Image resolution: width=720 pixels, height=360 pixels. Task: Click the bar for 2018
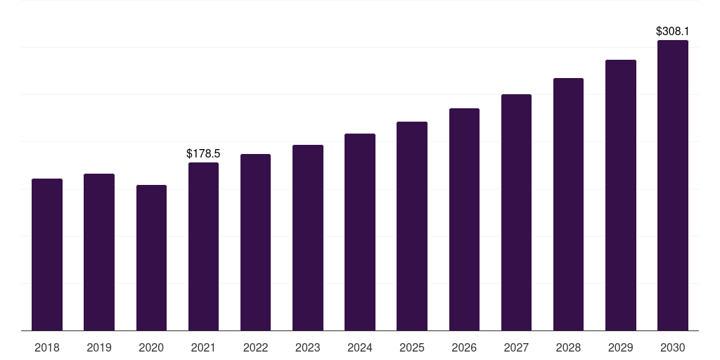(x=47, y=255)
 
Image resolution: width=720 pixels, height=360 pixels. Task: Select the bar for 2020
(x=151, y=258)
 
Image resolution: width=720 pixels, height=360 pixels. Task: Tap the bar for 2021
(x=203, y=247)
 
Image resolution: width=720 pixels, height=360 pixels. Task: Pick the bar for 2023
(x=308, y=238)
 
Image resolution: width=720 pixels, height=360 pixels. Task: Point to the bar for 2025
(x=412, y=226)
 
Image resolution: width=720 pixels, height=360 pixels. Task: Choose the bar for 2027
(x=516, y=212)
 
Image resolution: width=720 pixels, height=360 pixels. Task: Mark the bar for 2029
(x=621, y=195)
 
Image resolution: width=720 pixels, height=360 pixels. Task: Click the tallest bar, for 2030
(x=673, y=186)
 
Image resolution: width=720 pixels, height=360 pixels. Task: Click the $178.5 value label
(x=203, y=153)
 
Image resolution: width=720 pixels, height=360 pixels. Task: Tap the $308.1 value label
(x=673, y=31)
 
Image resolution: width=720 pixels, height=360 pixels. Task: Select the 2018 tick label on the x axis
(x=47, y=347)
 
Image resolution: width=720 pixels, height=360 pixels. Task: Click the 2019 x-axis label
(x=99, y=347)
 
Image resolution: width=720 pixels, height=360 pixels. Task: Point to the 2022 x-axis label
(x=255, y=347)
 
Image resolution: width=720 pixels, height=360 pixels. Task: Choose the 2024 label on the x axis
(x=360, y=347)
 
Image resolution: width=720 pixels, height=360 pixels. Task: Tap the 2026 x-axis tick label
(x=464, y=347)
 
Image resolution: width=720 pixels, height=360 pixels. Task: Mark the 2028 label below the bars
(x=568, y=347)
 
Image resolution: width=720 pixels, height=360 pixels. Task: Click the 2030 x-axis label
(x=673, y=347)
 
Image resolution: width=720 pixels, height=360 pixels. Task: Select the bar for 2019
(x=99, y=252)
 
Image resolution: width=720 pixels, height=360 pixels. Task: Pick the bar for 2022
(x=255, y=243)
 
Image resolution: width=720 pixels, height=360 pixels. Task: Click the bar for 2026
(x=464, y=219)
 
